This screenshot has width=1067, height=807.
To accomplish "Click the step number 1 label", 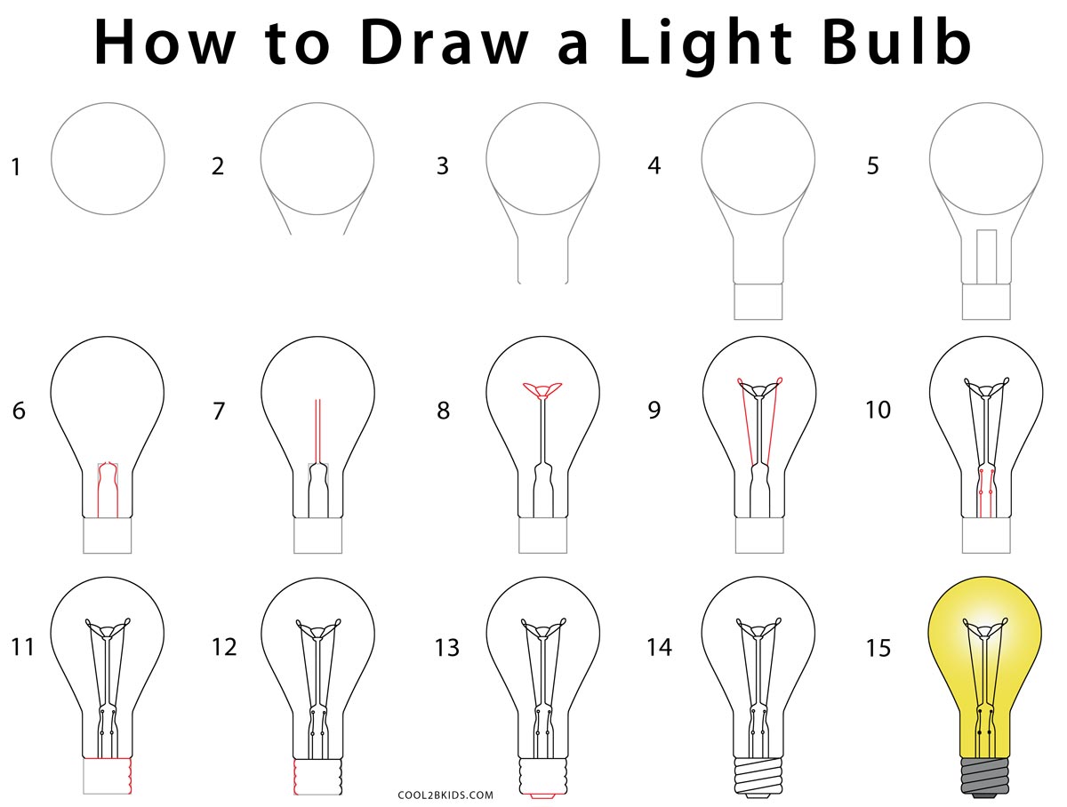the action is [16, 167].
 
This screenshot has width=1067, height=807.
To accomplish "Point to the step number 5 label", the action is [872, 165].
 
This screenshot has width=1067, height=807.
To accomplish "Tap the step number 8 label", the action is [443, 411].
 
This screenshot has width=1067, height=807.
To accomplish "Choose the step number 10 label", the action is [878, 410].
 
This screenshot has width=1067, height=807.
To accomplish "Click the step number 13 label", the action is [446, 648].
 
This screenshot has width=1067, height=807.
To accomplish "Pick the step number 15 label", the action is [878, 648].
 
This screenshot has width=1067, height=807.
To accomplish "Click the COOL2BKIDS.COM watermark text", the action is [445, 795].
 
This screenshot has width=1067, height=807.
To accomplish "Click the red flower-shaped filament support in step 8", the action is [542, 390].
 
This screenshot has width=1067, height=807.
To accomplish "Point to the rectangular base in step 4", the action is [758, 301].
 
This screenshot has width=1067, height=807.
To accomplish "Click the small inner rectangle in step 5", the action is [986, 257].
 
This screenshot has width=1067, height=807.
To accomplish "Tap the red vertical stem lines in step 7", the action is [317, 431].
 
